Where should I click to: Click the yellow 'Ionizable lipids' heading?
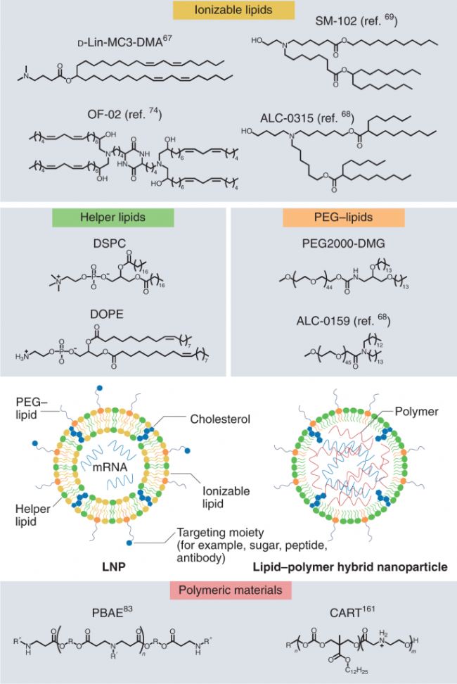pos(233,10)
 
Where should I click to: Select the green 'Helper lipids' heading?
pos(112,217)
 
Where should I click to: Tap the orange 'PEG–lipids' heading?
pos(344,217)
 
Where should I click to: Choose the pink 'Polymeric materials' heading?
pos(231,590)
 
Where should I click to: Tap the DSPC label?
pos(110,243)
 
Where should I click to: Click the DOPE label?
pos(107,314)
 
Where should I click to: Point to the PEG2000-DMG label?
pos(344,243)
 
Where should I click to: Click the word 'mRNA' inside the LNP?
pos(110,467)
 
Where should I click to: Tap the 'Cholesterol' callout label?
pos(220,419)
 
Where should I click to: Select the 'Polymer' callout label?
pos(416,412)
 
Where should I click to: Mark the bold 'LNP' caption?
pos(114,567)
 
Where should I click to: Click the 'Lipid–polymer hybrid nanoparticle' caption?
pos(350,567)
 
